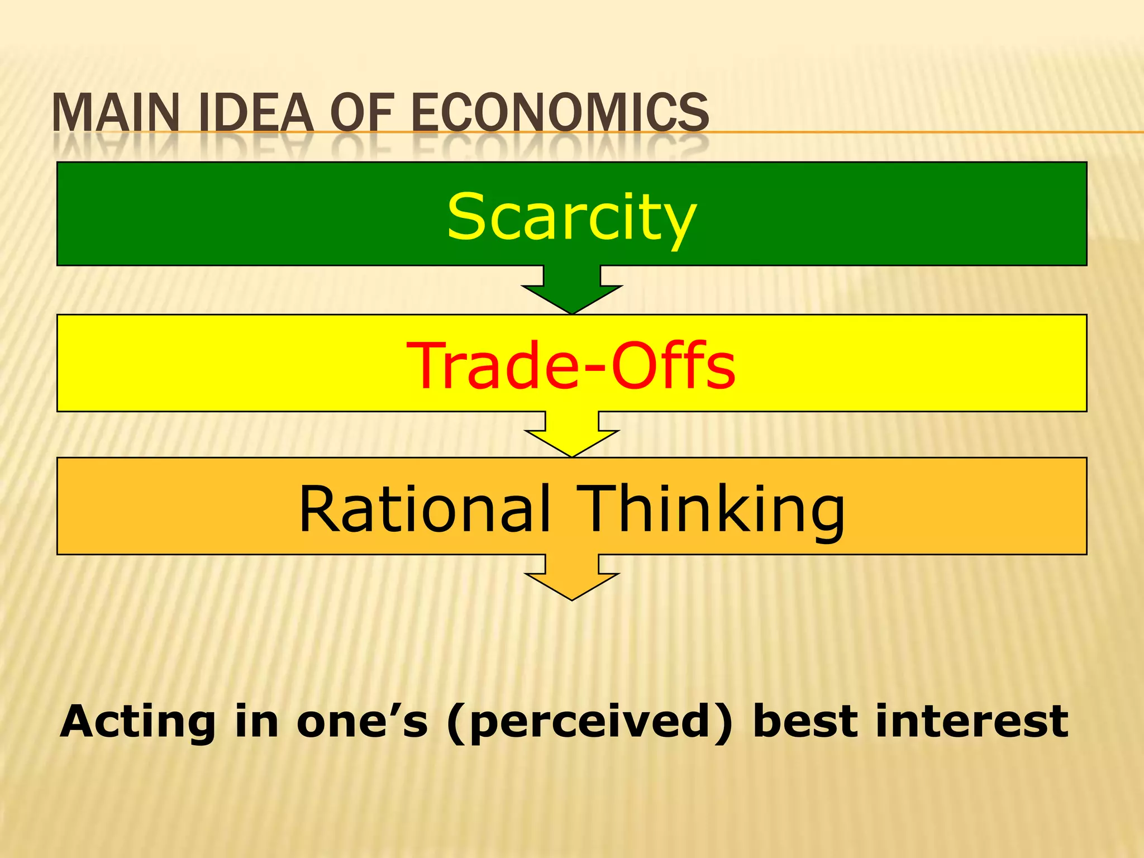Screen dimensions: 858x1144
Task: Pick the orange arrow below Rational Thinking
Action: pyautogui.click(x=571, y=578)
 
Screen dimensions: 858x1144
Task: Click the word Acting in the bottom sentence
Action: pyautogui.click(x=137, y=722)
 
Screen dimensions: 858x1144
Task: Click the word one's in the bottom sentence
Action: pyautogui.click(x=362, y=722)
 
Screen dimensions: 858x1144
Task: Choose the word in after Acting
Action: pyautogui.click(x=256, y=722)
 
